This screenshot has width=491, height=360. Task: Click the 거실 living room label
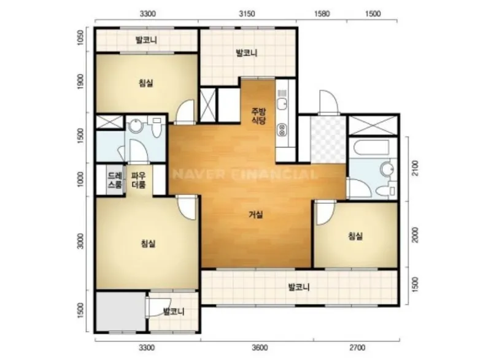click(256, 215)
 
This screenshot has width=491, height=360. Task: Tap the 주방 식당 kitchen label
click(259, 116)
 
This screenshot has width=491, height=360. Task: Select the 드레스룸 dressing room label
click(115, 180)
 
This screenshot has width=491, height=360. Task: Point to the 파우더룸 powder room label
click(139, 180)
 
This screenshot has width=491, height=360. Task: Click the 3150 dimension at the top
click(247, 13)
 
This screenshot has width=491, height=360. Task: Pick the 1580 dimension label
click(322, 13)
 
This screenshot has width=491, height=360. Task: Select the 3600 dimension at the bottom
click(260, 348)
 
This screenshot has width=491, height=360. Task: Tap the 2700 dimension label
click(357, 348)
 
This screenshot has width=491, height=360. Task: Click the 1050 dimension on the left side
click(80, 37)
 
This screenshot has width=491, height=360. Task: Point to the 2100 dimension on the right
click(415, 168)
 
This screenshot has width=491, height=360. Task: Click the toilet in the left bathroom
click(156, 127)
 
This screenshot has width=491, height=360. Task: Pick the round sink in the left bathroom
click(135, 126)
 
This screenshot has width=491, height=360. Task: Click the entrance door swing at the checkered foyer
click(328, 102)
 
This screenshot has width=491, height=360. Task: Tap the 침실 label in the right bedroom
click(355, 236)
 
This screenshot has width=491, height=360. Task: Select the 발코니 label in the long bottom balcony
click(298, 287)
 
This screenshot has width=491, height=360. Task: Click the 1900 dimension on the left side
click(80, 82)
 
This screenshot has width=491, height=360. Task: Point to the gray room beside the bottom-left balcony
click(120, 312)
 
